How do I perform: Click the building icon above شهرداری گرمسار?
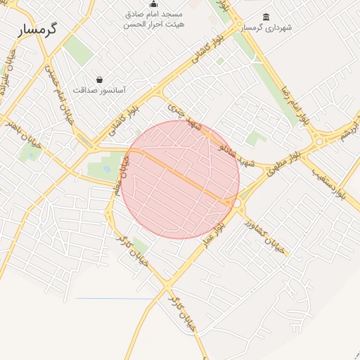click(266, 17)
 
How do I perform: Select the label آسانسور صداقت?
click(99, 90)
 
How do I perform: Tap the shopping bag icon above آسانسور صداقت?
click(100, 79)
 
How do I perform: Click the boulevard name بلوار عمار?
click(213, 231)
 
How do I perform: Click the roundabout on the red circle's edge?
click(236, 203)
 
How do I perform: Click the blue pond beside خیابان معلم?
click(107, 169)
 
